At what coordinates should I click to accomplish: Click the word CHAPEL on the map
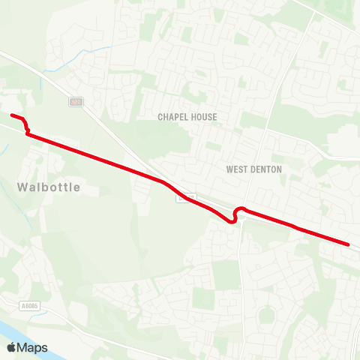[x=173, y=117]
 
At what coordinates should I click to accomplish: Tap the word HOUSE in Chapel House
[x=204, y=117]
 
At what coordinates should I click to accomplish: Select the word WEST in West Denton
[x=238, y=169]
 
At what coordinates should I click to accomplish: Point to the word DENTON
[x=267, y=169]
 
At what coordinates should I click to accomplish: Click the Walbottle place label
[x=47, y=186]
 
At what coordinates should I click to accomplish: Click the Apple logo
[x=11, y=347]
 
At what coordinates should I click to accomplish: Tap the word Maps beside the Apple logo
[x=32, y=347]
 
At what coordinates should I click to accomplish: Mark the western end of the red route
[x=13, y=115]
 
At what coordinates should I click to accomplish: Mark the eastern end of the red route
[x=349, y=244]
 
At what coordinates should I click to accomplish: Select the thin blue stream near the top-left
[x=94, y=52]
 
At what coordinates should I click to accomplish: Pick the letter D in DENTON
[x=251, y=169]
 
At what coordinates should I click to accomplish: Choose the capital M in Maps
[x=23, y=347]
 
